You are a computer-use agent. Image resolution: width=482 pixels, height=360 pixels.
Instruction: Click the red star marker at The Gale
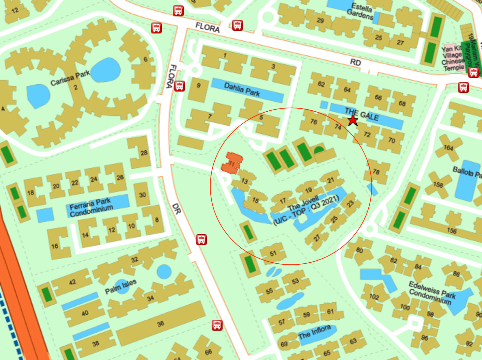coord(352,120)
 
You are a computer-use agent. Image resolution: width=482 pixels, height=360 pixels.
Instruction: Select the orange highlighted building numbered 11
coord(232,163)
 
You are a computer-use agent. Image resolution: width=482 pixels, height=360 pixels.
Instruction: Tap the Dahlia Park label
coord(242,89)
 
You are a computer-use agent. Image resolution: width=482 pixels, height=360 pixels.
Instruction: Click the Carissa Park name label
coord(70,78)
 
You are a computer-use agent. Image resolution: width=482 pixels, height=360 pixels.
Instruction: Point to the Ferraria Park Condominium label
coord(91,207)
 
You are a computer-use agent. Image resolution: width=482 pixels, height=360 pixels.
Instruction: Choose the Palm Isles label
coord(120,286)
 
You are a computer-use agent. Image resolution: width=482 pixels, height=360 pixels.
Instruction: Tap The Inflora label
coord(314,332)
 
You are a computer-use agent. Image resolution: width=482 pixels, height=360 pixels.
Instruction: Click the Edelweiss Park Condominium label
coord(432,293)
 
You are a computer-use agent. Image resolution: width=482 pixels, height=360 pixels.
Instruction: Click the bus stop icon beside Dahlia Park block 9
coord(180,86)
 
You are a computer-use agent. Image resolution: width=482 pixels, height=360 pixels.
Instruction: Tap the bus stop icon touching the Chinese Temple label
coord(473,72)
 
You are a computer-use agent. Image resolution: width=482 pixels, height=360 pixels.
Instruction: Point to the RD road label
coord(355,62)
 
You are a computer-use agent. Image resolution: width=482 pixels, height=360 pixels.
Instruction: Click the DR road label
coord(176,209)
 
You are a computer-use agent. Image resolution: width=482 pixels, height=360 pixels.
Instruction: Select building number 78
coord(376,172)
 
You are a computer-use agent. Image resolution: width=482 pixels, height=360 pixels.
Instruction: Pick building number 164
coord(448,148)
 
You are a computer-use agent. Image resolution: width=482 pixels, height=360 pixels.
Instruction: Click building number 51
coord(273,253)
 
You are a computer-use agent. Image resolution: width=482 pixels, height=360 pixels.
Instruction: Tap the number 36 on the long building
coord(160,323)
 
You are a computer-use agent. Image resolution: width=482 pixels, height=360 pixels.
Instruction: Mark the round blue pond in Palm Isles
coord(164,272)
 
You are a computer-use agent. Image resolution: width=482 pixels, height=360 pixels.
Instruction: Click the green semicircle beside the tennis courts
coord(319,150)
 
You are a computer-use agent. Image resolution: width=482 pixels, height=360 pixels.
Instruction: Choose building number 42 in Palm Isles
coord(72,282)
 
